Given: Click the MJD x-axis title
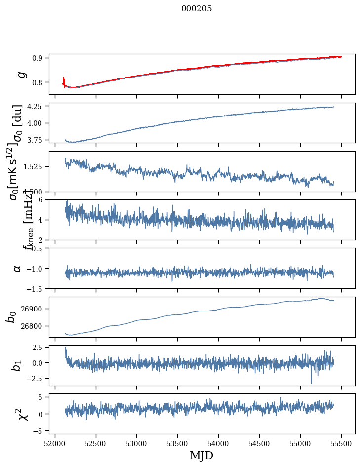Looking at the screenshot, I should point(201,455).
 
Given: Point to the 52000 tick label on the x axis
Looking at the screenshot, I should point(55,444).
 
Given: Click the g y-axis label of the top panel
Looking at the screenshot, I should point(21,74).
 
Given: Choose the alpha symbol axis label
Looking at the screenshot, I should point(18,268).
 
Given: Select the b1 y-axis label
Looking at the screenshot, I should point(17,365).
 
